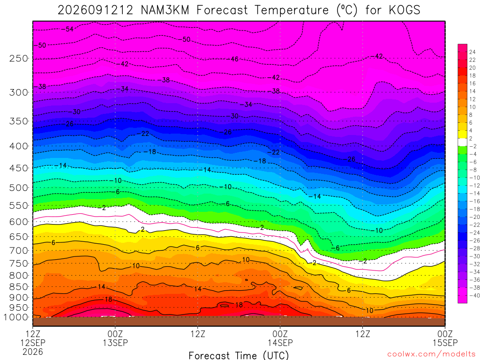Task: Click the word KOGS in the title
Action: [405, 10]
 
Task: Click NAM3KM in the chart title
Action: [165, 10]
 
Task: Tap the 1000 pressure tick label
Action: [16, 317]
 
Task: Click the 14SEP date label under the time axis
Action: [280, 343]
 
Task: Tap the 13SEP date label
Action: [115, 343]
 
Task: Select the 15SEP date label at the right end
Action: [445, 343]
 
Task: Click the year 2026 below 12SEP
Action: [33, 352]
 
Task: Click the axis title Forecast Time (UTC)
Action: [239, 355]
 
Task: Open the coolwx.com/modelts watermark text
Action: [431, 354]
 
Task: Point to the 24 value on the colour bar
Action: [472, 52]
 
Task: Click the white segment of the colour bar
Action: [463, 142]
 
